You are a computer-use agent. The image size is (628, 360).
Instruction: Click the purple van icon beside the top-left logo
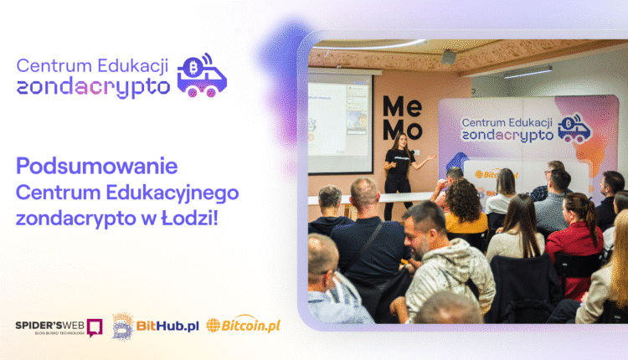point(202,76)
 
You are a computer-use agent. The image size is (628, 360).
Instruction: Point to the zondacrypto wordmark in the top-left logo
point(93,85)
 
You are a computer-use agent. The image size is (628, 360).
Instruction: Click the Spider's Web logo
point(59,327)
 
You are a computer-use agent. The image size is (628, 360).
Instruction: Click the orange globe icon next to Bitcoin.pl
point(214,326)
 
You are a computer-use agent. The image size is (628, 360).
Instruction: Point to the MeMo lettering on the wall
point(399,117)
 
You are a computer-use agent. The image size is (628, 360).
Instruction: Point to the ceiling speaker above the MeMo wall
point(449,56)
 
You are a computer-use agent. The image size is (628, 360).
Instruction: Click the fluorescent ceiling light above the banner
point(528,73)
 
